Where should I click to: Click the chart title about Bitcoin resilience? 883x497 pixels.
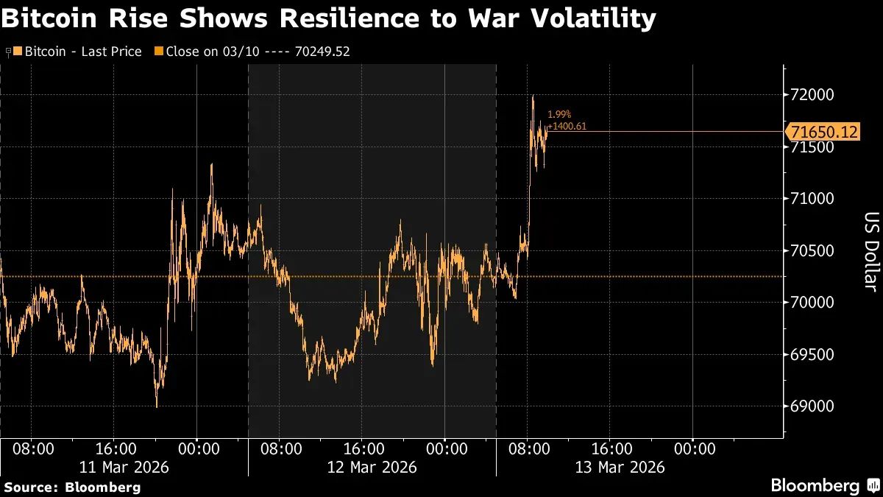(327, 19)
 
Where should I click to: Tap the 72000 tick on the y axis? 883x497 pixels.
(812, 95)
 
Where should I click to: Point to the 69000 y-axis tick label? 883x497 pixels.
(812, 406)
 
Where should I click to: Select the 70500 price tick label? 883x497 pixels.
(812, 251)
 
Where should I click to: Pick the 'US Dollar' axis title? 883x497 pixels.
(870, 252)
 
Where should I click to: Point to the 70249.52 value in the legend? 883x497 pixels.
(322, 52)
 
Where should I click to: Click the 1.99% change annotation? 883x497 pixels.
(559, 115)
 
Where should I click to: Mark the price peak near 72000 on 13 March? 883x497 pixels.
(533, 96)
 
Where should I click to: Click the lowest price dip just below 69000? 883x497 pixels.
(157, 406)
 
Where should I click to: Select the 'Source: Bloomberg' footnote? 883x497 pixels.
(72, 487)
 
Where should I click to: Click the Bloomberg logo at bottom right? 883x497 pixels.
(815, 485)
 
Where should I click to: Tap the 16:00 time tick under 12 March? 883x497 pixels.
(364, 448)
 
